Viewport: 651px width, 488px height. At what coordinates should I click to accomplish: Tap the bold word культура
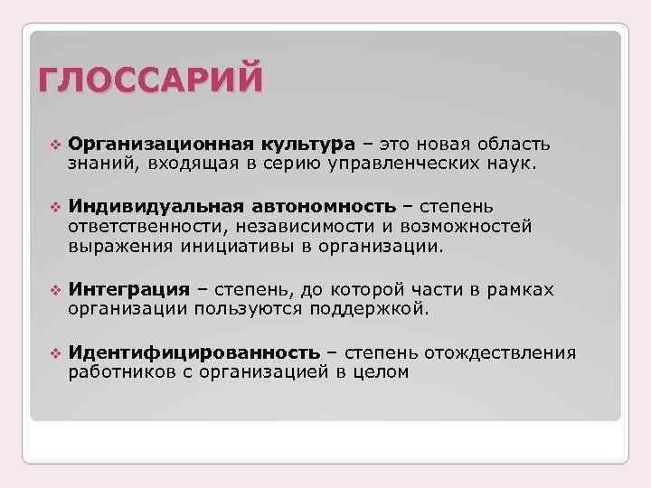[x=306, y=145]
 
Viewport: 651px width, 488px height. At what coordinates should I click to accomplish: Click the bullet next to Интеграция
[x=52, y=290]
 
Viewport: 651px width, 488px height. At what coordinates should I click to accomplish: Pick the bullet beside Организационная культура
[x=52, y=145]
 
